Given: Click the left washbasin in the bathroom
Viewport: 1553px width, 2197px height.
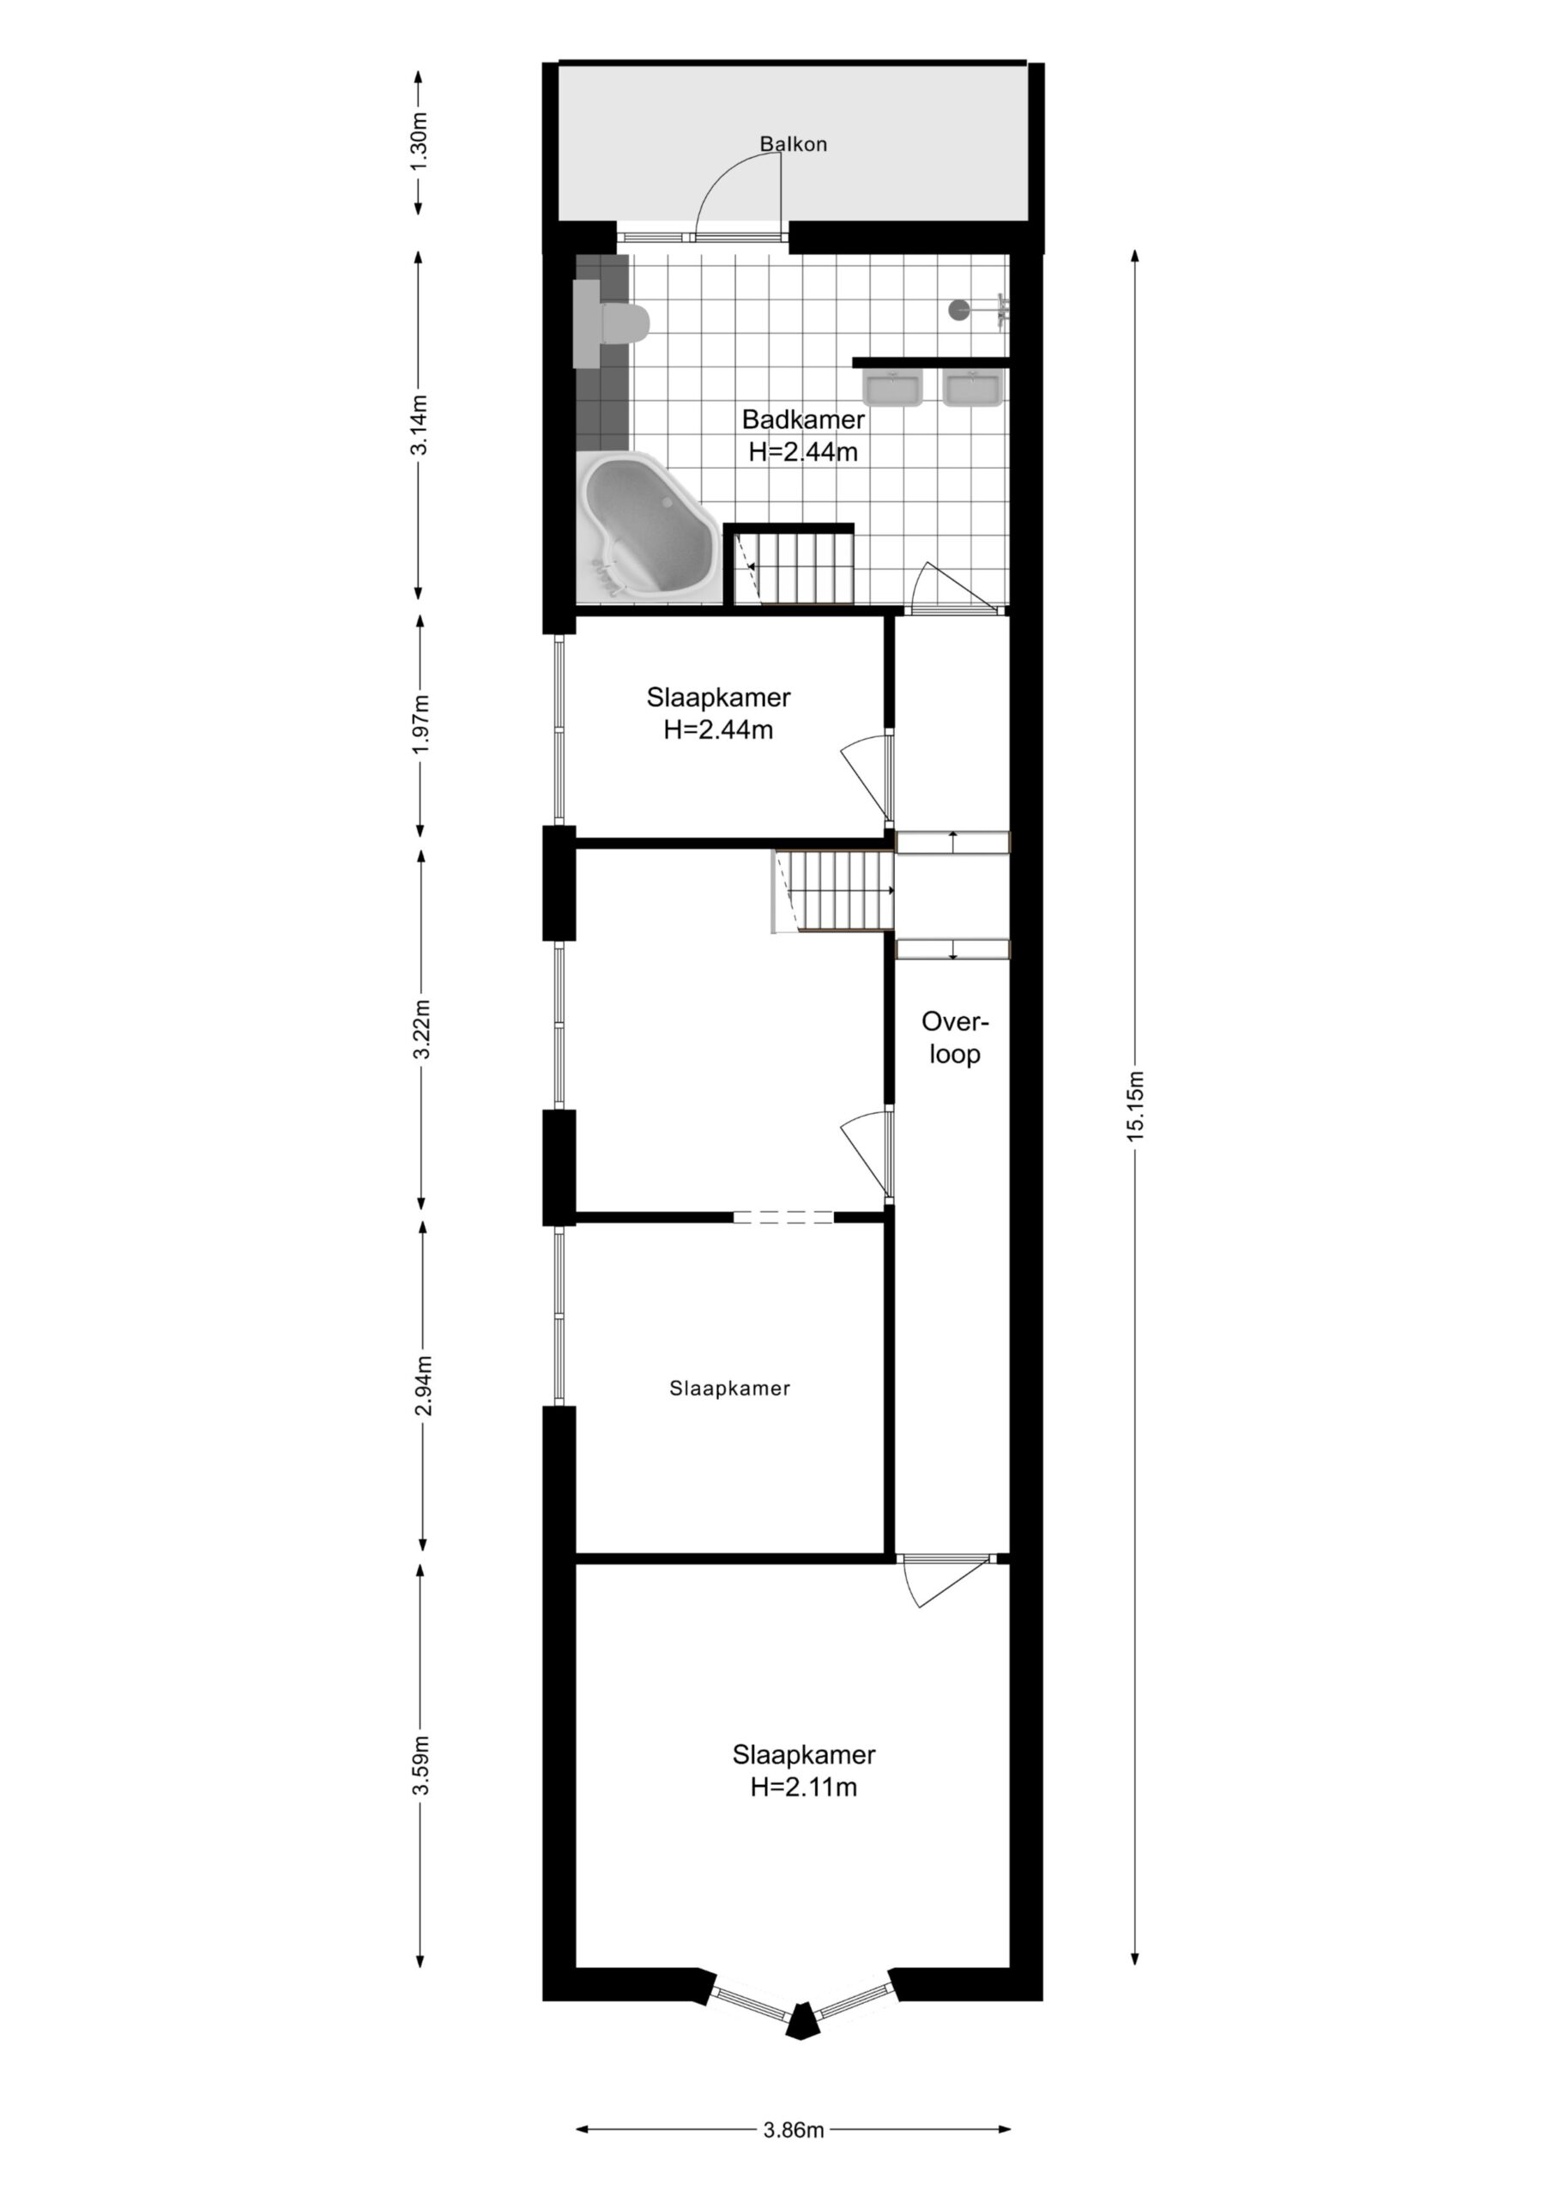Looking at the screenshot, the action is click(892, 390).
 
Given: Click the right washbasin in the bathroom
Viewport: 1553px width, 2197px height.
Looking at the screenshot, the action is click(973, 390).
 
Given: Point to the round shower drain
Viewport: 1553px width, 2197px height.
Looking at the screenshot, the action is click(958, 309).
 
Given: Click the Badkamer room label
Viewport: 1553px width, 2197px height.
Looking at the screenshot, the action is click(803, 435).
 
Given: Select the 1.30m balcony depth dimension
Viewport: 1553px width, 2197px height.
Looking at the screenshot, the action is click(419, 142).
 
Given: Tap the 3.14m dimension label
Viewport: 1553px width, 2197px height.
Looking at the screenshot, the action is click(419, 425).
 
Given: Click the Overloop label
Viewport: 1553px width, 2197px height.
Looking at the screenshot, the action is click(954, 1038).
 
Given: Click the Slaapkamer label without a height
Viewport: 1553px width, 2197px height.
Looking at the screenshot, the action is click(729, 1389).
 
